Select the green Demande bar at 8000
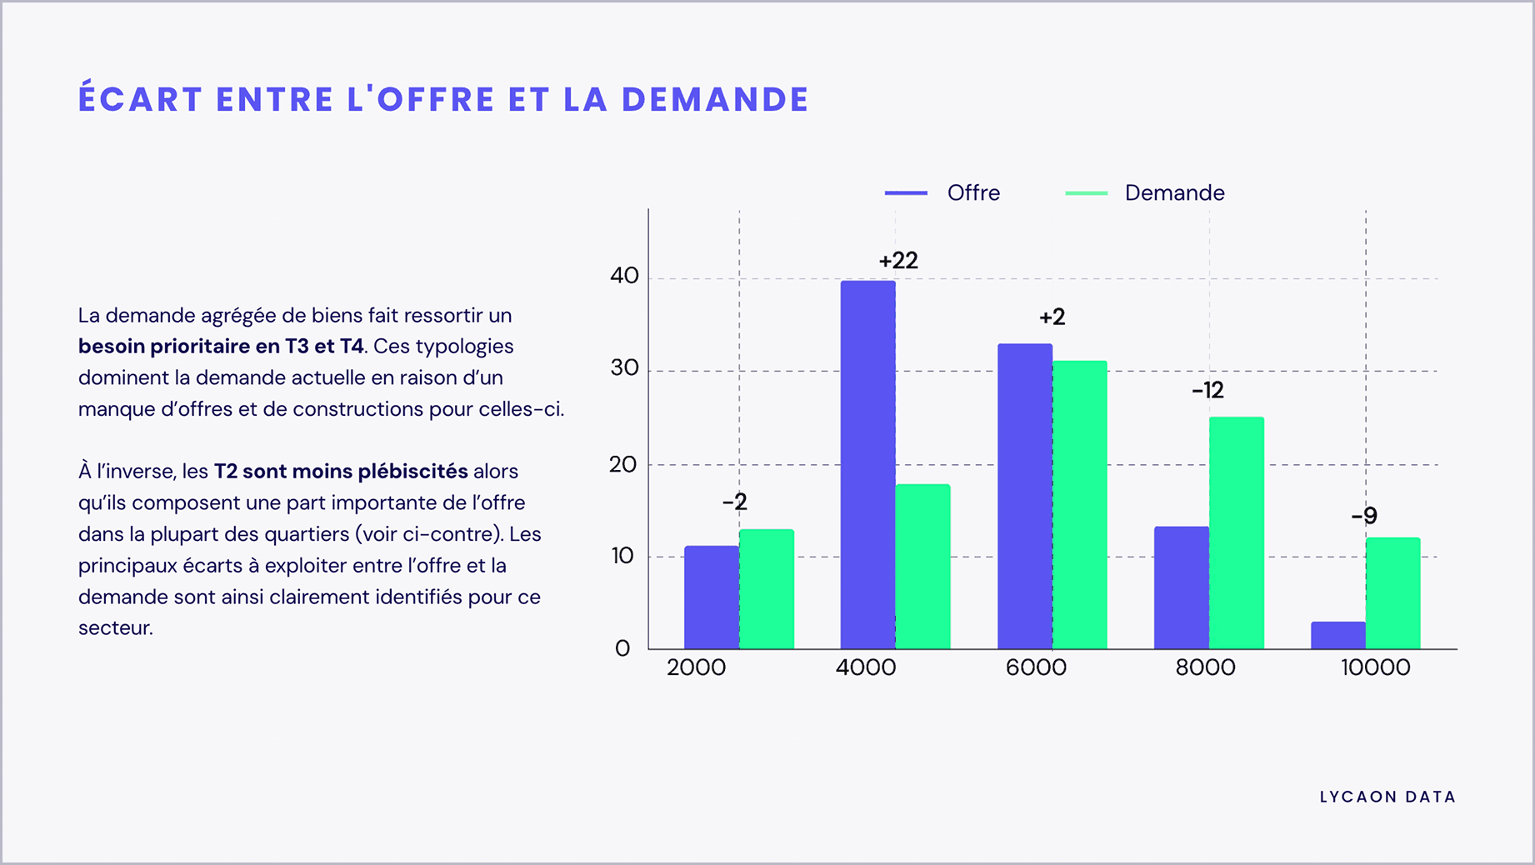1236,533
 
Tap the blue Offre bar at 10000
1337,635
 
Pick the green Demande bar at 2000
766,589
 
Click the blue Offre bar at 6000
1024,497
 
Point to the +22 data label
897,261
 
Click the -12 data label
1207,390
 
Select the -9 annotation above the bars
1363,517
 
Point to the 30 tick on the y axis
623,367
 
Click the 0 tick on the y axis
622,648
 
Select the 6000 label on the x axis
1035,667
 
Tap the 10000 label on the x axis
1375,667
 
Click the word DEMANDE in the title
715,99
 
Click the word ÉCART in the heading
140,99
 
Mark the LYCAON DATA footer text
1387,797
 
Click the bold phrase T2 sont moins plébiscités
340,472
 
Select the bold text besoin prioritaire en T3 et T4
221,347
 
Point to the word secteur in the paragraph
114,628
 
